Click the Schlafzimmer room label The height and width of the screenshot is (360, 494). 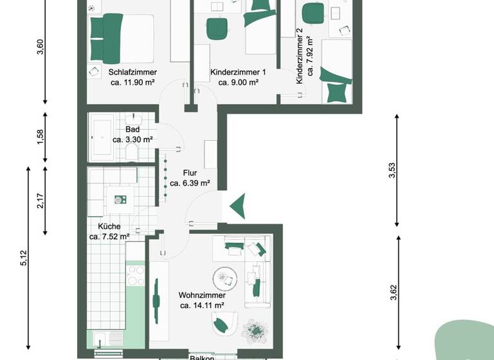[x=133, y=73]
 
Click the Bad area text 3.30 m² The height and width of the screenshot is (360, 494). [x=133, y=139]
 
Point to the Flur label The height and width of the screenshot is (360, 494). [x=189, y=173]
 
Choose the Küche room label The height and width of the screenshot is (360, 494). [x=109, y=226]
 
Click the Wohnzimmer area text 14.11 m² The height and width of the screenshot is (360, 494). [x=201, y=305]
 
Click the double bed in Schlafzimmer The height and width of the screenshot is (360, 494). [x=121, y=37]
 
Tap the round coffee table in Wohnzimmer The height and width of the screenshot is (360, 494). [x=226, y=278]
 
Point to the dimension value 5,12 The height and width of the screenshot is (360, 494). [x=24, y=257]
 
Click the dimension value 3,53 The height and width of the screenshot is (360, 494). [x=393, y=171]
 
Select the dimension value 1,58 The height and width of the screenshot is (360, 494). [x=41, y=137]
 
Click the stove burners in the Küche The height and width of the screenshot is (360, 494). [x=136, y=276]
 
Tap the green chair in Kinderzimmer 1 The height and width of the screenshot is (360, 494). [x=217, y=28]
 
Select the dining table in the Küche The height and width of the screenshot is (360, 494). [x=120, y=199]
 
